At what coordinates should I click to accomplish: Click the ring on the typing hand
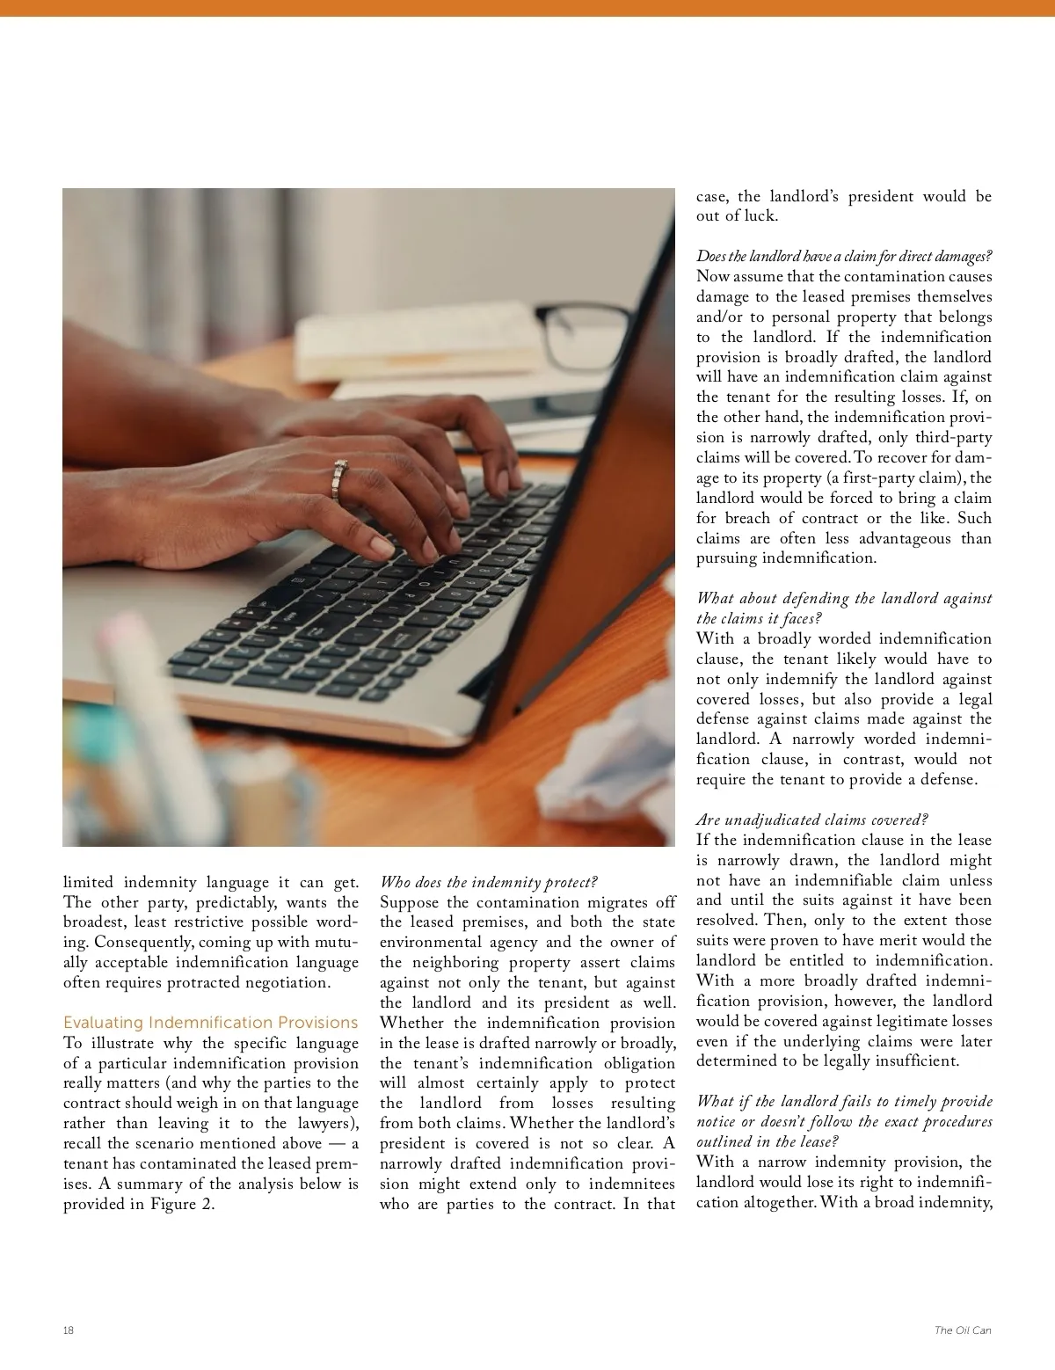pyautogui.click(x=339, y=477)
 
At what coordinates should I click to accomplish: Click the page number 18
pyautogui.click(x=69, y=1330)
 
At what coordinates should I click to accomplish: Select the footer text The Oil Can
pyautogui.click(x=963, y=1330)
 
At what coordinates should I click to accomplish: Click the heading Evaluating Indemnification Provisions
pyautogui.click(x=210, y=1023)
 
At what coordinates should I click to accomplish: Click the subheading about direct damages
pyautogui.click(x=844, y=256)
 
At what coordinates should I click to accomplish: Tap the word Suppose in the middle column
pyautogui.click(x=409, y=902)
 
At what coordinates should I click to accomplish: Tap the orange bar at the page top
pyautogui.click(x=527, y=8)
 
